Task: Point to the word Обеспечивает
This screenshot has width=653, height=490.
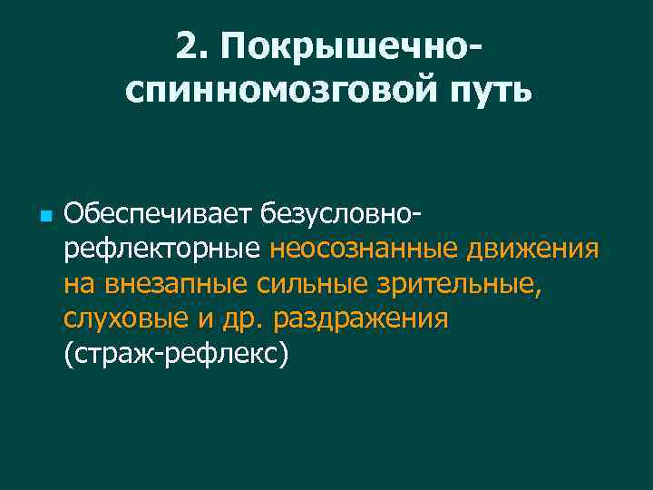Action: [x=158, y=214]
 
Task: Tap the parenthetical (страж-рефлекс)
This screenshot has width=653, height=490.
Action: [x=176, y=355]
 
